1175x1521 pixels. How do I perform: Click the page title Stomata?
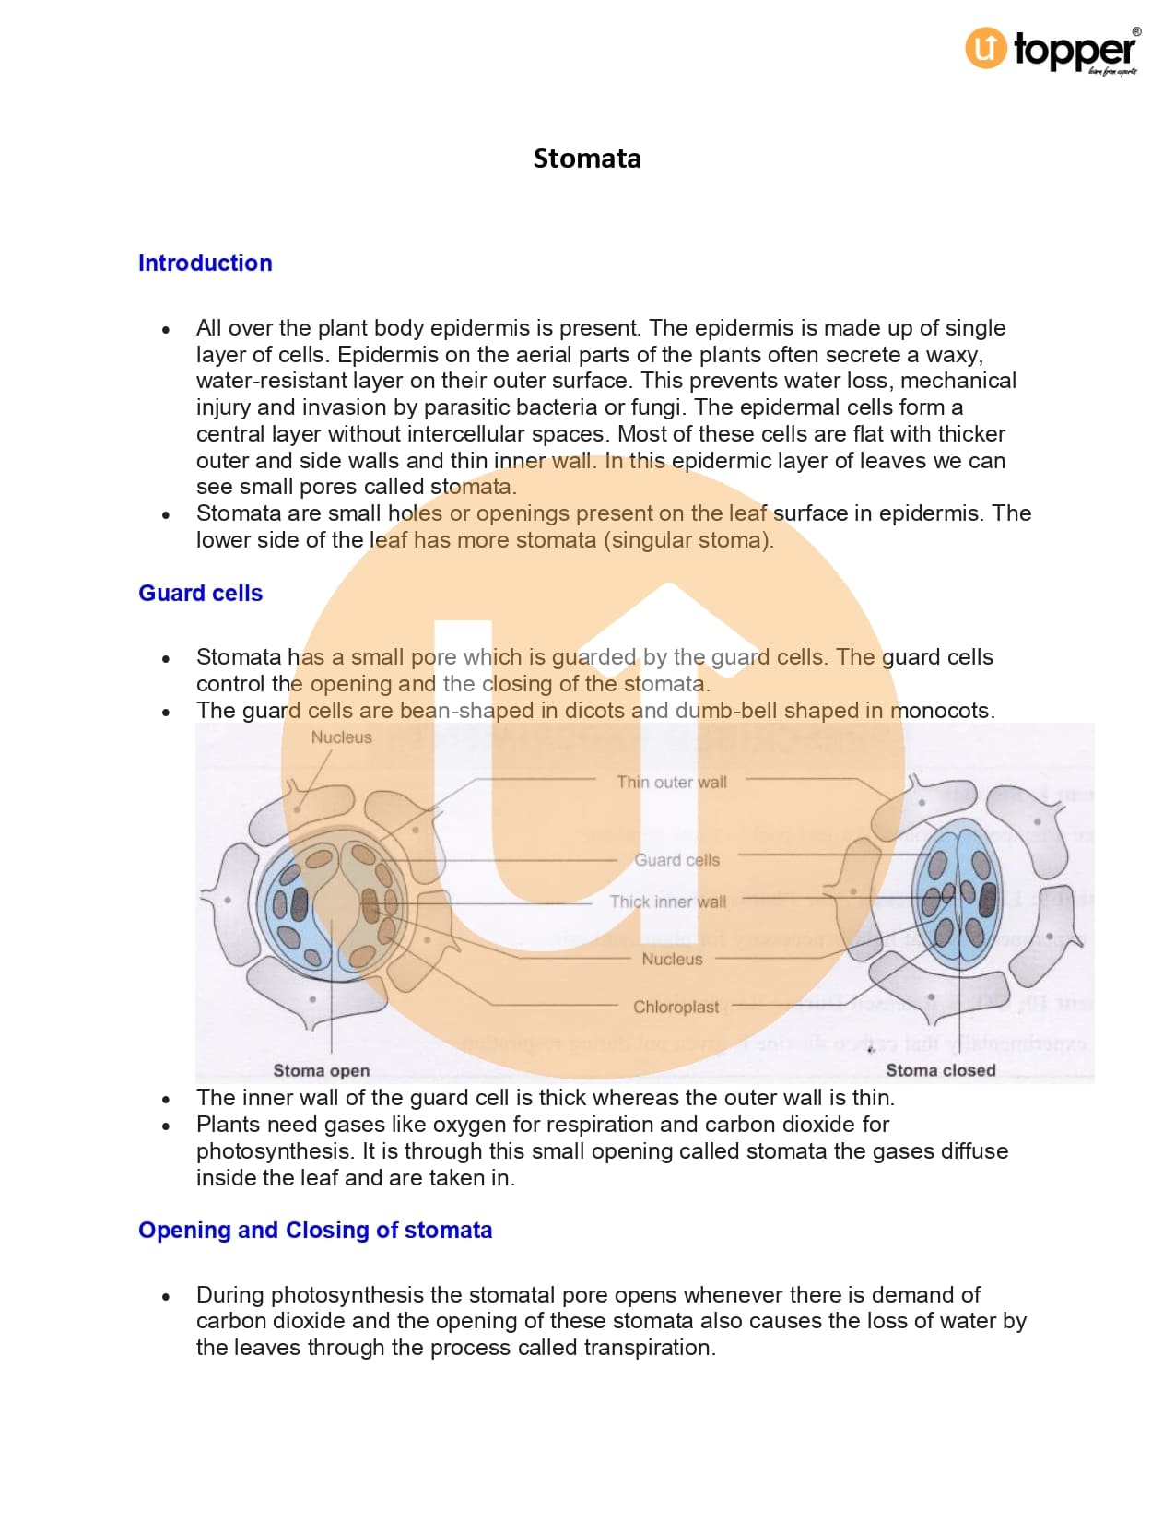tap(587, 159)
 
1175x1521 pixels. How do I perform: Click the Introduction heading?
tap(205, 263)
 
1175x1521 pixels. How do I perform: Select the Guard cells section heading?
tap(200, 593)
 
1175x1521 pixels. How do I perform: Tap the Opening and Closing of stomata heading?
tap(315, 1230)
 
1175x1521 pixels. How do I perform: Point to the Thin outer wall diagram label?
tap(672, 783)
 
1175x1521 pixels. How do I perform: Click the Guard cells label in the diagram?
tap(676, 860)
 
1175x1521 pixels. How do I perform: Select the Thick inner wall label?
tap(668, 902)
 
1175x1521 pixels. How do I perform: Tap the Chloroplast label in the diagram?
tap(676, 1007)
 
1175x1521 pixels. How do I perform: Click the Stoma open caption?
tap(321, 1070)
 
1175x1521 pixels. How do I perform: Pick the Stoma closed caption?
tap(940, 1070)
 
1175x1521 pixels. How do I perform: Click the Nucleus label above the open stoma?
tap(341, 737)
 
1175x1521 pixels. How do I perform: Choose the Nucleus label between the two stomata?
tap(672, 959)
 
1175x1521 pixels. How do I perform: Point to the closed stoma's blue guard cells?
tap(958, 894)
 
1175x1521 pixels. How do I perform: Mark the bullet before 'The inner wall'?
tap(166, 1100)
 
